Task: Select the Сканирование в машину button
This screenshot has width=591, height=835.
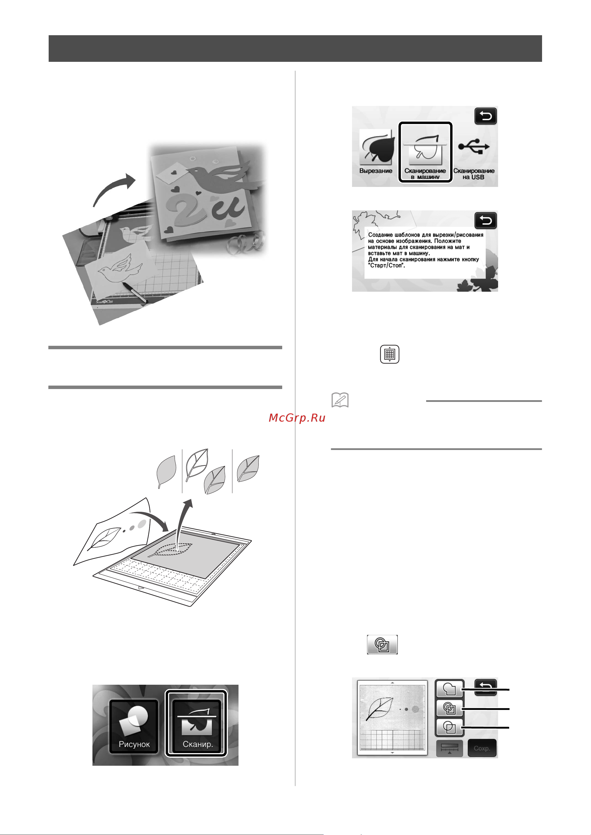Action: [x=425, y=152]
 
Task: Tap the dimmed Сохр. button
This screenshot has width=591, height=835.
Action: [x=482, y=748]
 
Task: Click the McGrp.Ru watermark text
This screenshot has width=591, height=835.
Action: [x=297, y=418]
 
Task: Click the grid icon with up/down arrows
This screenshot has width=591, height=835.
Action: [x=390, y=354]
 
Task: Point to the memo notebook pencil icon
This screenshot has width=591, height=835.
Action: [x=340, y=400]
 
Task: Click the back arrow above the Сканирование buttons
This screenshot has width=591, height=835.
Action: [x=485, y=117]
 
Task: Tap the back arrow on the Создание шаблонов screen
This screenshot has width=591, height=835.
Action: [x=485, y=221]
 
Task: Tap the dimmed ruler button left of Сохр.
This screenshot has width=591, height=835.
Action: [x=449, y=748]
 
